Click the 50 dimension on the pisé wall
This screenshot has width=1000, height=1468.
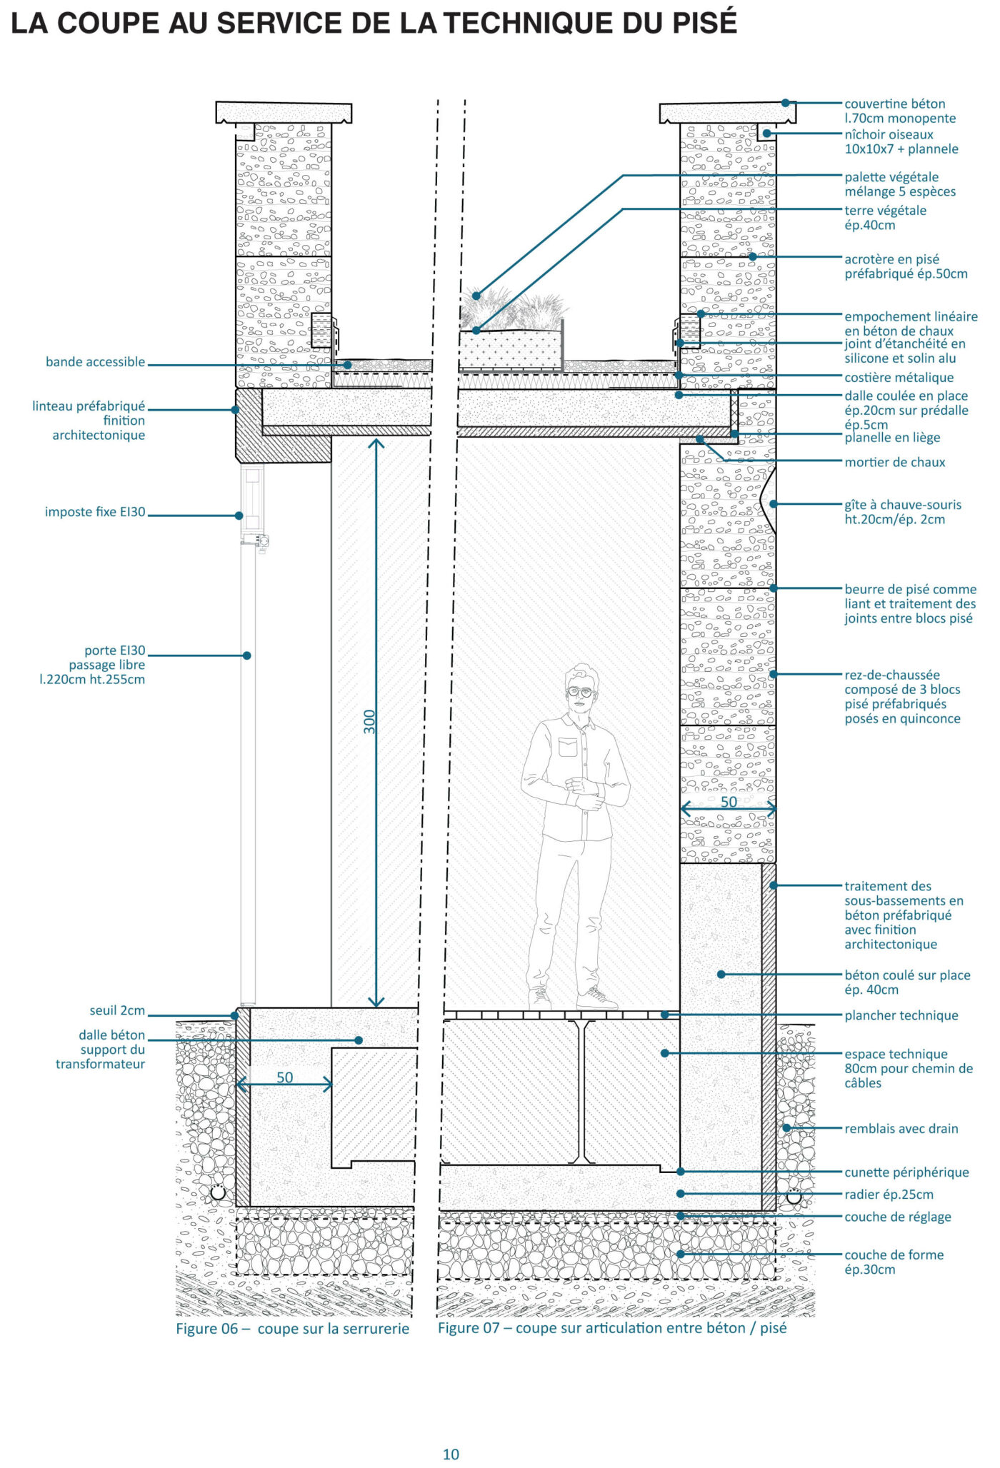click(x=729, y=802)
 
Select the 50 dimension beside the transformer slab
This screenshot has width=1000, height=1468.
click(x=284, y=1077)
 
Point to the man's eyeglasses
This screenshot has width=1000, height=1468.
click(x=580, y=691)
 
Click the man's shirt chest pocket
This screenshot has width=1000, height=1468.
click(x=568, y=747)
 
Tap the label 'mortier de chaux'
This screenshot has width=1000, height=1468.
click(x=894, y=463)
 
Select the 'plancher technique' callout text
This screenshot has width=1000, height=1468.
click(x=901, y=1015)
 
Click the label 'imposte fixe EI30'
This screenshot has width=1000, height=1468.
click(x=95, y=512)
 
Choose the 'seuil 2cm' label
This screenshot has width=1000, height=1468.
click(x=117, y=1010)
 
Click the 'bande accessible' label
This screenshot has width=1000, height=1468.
click(x=95, y=362)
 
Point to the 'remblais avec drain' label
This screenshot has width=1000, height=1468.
click(x=901, y=1129)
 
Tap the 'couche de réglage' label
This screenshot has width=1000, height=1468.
click(x=897, y=1217)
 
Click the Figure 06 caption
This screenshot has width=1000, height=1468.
click(x=292, y=1328)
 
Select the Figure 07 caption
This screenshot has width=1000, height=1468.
click(x=611, y=1328)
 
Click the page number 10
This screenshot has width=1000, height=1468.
click(x=451, y=1454)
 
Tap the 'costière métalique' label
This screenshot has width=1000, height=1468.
click(x=899, y=378)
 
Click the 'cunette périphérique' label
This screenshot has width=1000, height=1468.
click(x=906, y=1172)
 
